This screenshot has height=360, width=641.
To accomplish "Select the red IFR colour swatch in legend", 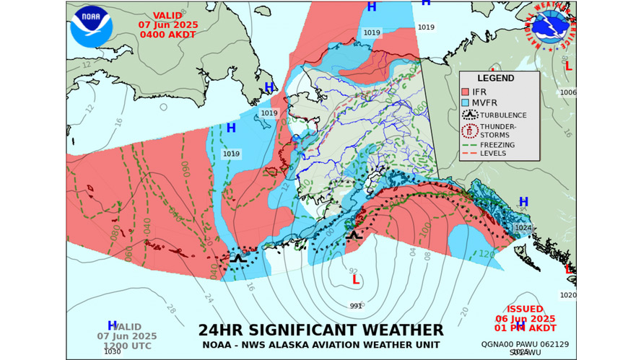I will [x=466, y=92].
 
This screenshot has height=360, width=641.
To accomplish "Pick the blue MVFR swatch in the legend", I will [x=466, y=103].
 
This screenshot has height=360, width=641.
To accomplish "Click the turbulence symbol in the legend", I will [x=470, y=115].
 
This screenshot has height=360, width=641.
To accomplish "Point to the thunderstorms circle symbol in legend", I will [x=470, y=131].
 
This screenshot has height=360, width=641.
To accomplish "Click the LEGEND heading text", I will [x=496, y=78].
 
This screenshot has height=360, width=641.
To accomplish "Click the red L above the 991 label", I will [x=355, y=280].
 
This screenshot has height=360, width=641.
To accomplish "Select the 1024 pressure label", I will [x=523, y=227].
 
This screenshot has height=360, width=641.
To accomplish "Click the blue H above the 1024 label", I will [x=523, y=202].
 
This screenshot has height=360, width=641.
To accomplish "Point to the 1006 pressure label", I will [x=568, y=92].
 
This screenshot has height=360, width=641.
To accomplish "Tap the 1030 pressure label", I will [x=113, y=351].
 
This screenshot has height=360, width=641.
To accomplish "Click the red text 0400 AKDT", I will [x=167, y=33].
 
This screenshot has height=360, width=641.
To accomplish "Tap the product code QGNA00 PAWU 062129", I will [x=525, y=344].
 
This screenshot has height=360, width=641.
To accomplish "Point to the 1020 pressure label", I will [x=568, y=295].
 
